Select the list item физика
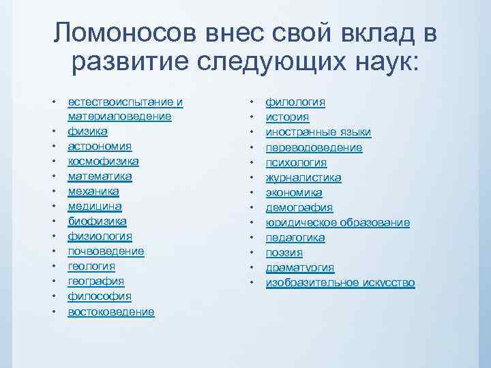click(x=87, y=132)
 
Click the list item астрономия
click(x=100, y=147)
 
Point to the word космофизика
click(x=103, y=162)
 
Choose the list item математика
click(x=100, y=177)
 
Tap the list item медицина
click(x=95, y=206)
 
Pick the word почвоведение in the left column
click(x=106, y=251)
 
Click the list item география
click(x=95, y=281)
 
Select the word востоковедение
click(x=111, y=311)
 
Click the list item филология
click(x=295, y=102)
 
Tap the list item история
click(x=286, y=117)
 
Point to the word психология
click(x=296, y=162)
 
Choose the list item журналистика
click(x=303, y=177)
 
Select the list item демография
click(x=299, y=207)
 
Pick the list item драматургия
click(x=300, y=267)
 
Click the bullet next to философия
click(x=53, y=296)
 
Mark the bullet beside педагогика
click(x=251, y=237)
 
